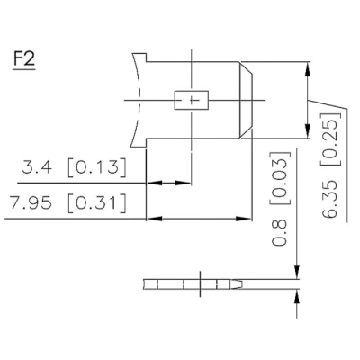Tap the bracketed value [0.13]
(x=98, y=168)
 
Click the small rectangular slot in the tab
(x=190, y=99)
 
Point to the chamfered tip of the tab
(x=245, y=99)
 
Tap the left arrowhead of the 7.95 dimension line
(x=152, y=218)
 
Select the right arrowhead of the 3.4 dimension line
(x=184, y=184)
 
